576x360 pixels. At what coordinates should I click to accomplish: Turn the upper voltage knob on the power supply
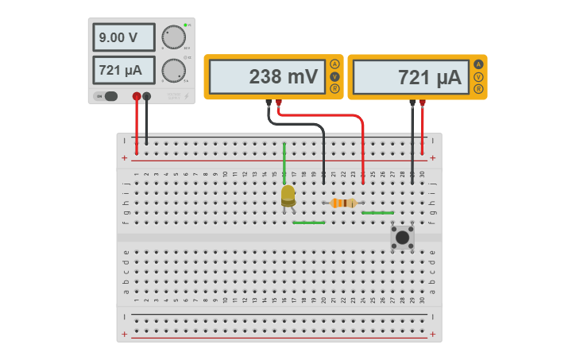(172, 37)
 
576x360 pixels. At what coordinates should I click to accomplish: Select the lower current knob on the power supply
(172, 71)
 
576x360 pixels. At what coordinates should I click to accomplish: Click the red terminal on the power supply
(137, 96)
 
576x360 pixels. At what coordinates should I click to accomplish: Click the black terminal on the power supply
(146, 96)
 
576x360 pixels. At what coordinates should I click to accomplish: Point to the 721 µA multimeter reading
(412, 77)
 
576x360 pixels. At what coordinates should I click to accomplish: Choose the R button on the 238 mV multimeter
(334, 89)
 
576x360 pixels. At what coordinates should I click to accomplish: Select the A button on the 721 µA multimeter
(478, 64)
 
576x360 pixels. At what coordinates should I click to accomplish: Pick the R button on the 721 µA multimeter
(478, 89)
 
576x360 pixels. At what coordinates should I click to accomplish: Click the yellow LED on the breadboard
(288, 195)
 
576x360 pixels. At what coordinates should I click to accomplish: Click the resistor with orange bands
(343, 203)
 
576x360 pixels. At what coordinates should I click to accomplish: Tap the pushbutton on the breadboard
(403, 237)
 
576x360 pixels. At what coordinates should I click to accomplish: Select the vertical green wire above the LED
(284, 163)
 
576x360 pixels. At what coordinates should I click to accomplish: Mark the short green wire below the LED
(308, 223)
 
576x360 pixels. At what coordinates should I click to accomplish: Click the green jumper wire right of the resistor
(377, 213)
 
